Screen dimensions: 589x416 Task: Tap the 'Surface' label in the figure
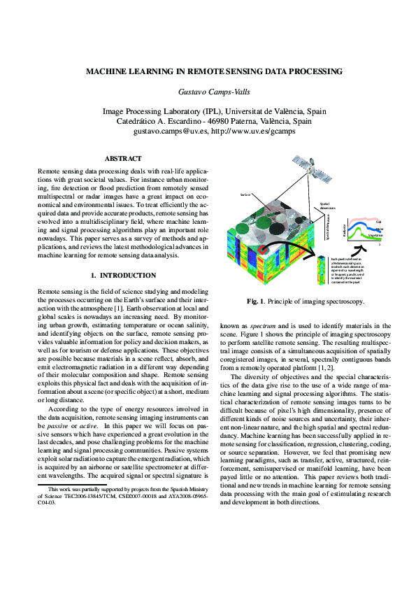tap(245, 194)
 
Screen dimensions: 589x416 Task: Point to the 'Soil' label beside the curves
tap(378, 222)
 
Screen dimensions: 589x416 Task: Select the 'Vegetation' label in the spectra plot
tap(375, 236)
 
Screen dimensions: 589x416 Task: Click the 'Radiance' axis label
tap(345, 229)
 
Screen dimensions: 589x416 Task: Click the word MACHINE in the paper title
tap(106, 71)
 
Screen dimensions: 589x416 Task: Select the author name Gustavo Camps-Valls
tap(213, 92)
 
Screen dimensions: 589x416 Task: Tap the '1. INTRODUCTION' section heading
tap(123, 275)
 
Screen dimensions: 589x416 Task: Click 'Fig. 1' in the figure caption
tap(254, 301)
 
